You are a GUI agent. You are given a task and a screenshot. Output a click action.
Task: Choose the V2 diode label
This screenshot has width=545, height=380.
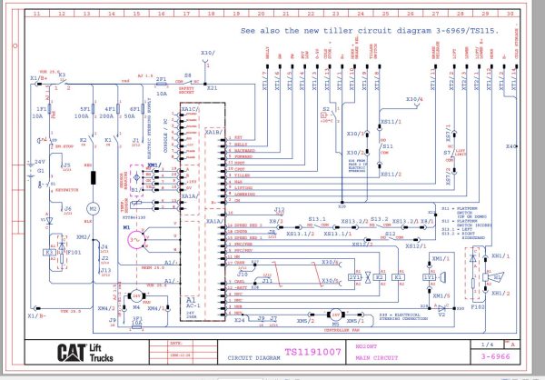pyautogui.click(x=440, y=315)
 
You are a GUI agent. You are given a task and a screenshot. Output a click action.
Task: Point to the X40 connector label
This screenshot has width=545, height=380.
pyautogui.click(x=511, y=145)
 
